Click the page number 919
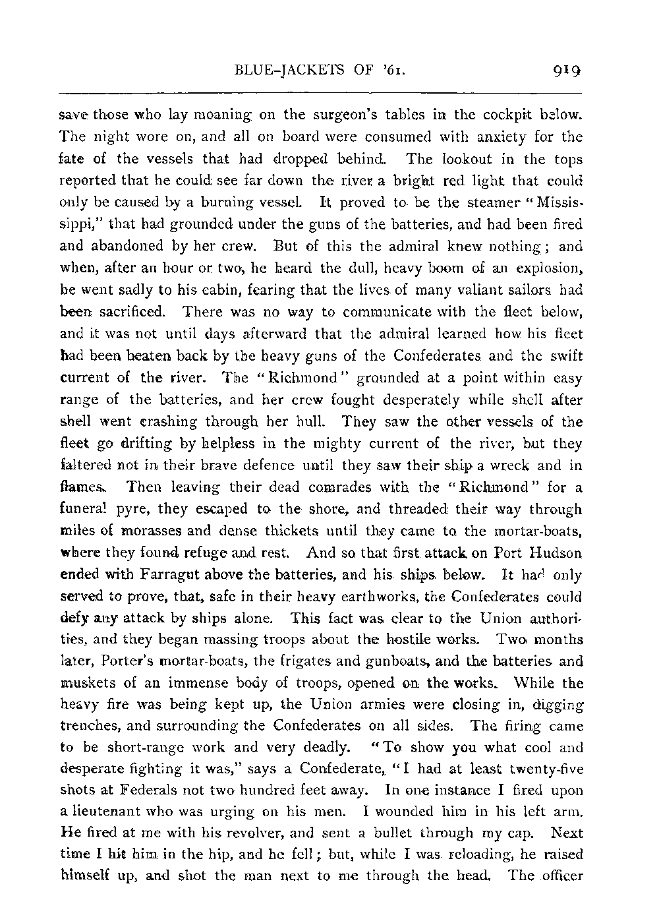[566, 68]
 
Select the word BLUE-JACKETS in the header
[270, 69]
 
